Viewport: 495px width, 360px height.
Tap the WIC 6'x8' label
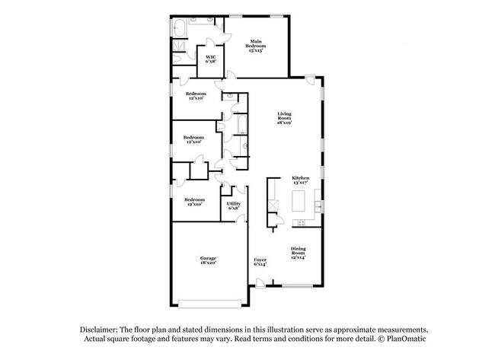pyautogui.click(x=210, y=59)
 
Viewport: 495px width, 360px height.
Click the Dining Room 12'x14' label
pyautogui.click(x=298, y=253)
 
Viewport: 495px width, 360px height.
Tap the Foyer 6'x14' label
pyautogui.click(x=260, y=263)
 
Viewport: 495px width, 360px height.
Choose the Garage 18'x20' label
pyautogui.click(x=208, y=261)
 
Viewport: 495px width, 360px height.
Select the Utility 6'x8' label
pyautogui.click(x=234, y=205)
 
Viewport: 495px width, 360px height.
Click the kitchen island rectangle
pyautogui.click(x=299, y=202)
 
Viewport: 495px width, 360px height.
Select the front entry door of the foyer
pyautogui.click(x=261, y=284)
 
